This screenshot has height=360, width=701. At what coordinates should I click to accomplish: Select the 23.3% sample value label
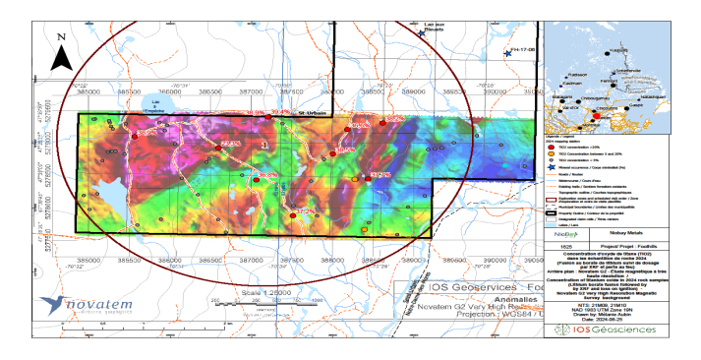coord(232,145)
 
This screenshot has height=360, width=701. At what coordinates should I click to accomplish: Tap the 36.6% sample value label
coord(267,175)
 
